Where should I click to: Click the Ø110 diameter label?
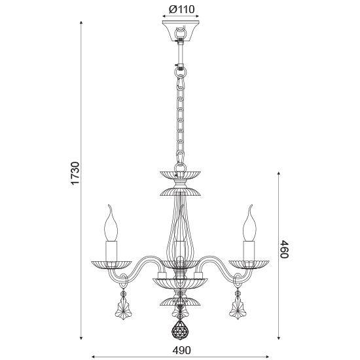181,9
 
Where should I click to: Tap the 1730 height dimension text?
75,173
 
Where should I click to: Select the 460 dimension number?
284,249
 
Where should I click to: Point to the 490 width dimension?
181,350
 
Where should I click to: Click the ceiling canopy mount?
181,31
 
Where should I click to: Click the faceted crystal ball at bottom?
180,330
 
